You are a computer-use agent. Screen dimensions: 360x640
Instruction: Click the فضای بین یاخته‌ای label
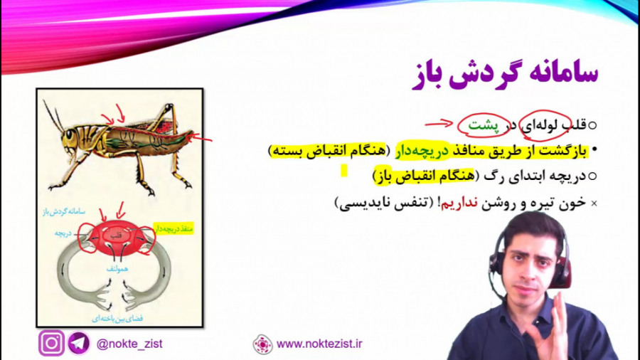(117, 318)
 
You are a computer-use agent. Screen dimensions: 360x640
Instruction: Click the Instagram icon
(51, 344)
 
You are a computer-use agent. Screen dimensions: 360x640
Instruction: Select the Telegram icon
(78, 344)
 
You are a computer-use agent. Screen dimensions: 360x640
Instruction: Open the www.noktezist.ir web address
(320, 344)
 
